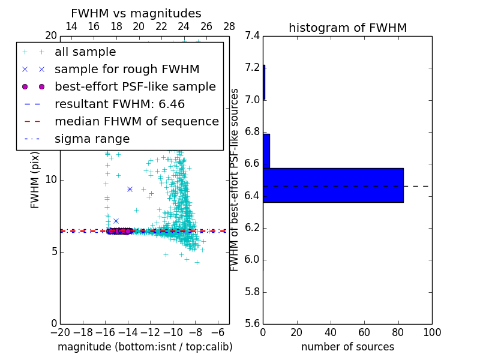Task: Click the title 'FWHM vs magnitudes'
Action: click(x=136, y=13)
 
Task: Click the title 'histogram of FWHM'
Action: click(x=347, y=28)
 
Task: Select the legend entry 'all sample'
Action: click(x=85, y=52)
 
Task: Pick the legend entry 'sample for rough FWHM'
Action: click(x=127, y=69)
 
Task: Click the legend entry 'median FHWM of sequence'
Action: click(x=136, y=121)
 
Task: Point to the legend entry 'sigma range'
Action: click(x=92, y=139)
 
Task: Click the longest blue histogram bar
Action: click(x=333, y=185)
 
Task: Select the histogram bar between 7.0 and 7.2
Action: click(x=264, y=82)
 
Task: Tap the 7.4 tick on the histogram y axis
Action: click(x=253, y=35)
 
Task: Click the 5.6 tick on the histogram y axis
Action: click(x=253, y=324)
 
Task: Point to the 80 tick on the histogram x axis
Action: click(x=398, y=332)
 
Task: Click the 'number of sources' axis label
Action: click(x=347, y=347)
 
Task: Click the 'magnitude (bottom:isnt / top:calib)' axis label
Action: click(x=145, y=347)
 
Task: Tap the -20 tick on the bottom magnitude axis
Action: click(x=60, y=332)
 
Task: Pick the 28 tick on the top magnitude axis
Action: click(x=229, y=26)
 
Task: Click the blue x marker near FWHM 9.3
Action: click(x=130, y=189)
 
